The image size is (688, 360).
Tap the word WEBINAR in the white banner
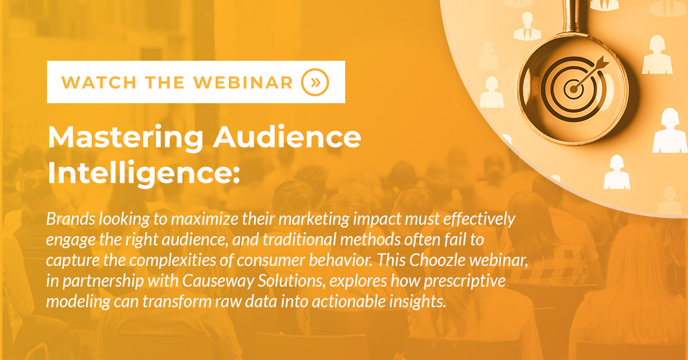coord(243,83)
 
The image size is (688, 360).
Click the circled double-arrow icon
coord(315,83)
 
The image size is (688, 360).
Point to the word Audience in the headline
coord(287,137)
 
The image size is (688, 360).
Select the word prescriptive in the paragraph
coord(464,281)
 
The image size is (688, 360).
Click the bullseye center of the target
coord(573,89)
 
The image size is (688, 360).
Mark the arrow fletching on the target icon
coord(603,62)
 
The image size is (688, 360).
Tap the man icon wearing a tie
coord(527,26)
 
